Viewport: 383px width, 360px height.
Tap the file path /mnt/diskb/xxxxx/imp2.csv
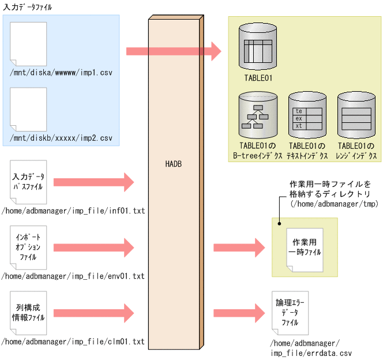[61, 138]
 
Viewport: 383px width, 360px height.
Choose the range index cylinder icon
[356, 117]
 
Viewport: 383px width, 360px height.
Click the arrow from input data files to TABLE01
[173, 51]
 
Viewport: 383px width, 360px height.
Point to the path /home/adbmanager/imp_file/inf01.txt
[73, 211]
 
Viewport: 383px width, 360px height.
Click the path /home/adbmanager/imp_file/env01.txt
[73, 276]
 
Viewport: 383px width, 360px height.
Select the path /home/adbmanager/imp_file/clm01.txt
[73, 342]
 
